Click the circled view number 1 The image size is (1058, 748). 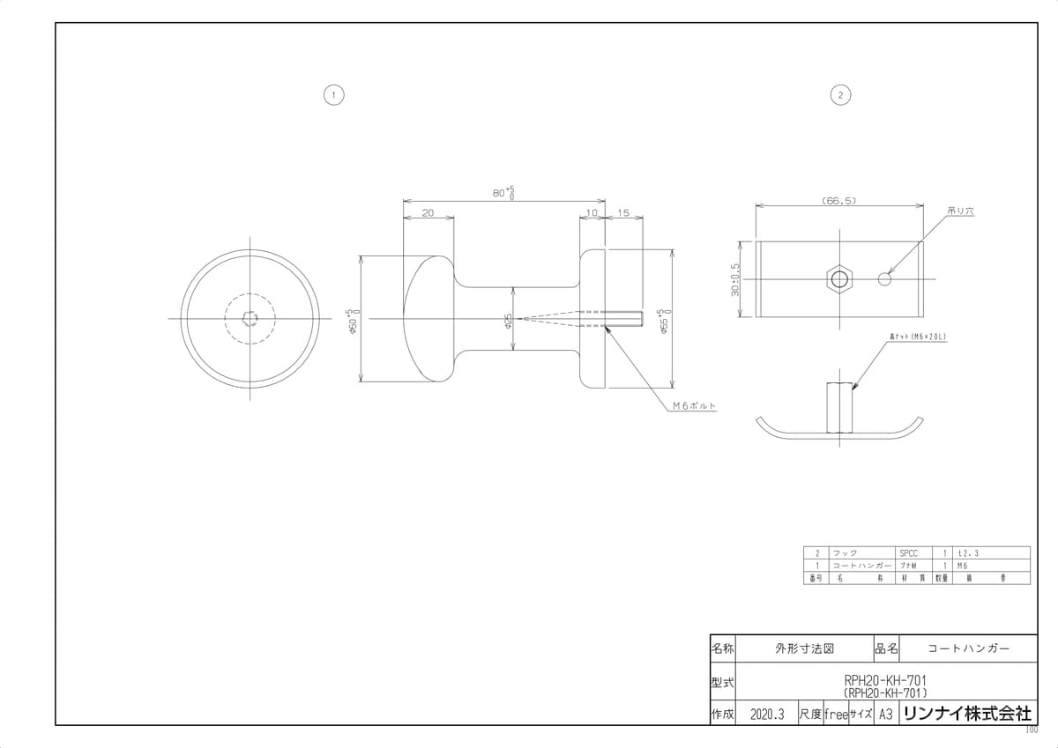click(333, 94)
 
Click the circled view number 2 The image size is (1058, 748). click(841, 94)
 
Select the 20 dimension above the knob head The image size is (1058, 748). click(428, 213)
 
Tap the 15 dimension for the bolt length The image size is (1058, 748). click(623, 213)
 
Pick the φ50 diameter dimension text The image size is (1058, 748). click(351, 319)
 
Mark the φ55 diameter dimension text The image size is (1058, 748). click(665, 319)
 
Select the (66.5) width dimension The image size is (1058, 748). click(839, 201)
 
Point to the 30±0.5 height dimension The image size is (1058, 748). click(735, 279)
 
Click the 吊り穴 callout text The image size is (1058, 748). click(959, 211)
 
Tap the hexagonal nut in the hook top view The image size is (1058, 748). click(839, 279)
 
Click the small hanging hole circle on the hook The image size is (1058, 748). click(885, 279)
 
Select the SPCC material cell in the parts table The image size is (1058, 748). click(908, 552)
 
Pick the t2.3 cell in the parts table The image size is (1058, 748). click(967, 552)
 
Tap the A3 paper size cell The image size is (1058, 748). click(886, 715)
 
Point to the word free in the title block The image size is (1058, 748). click(835, 715)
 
